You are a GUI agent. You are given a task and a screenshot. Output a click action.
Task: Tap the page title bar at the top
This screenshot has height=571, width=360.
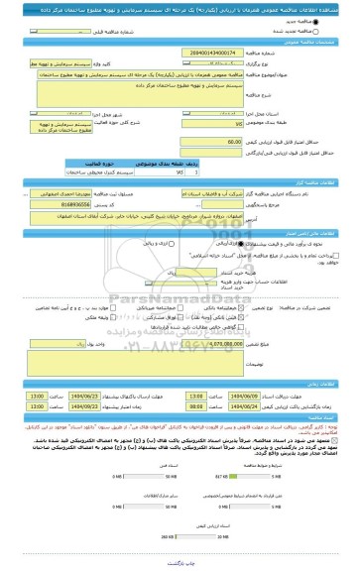pos(180,7)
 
